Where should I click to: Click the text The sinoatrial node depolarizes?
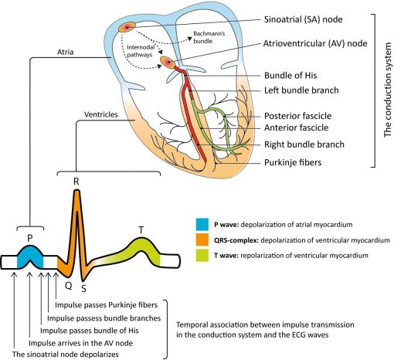click(x=76, y=355)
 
